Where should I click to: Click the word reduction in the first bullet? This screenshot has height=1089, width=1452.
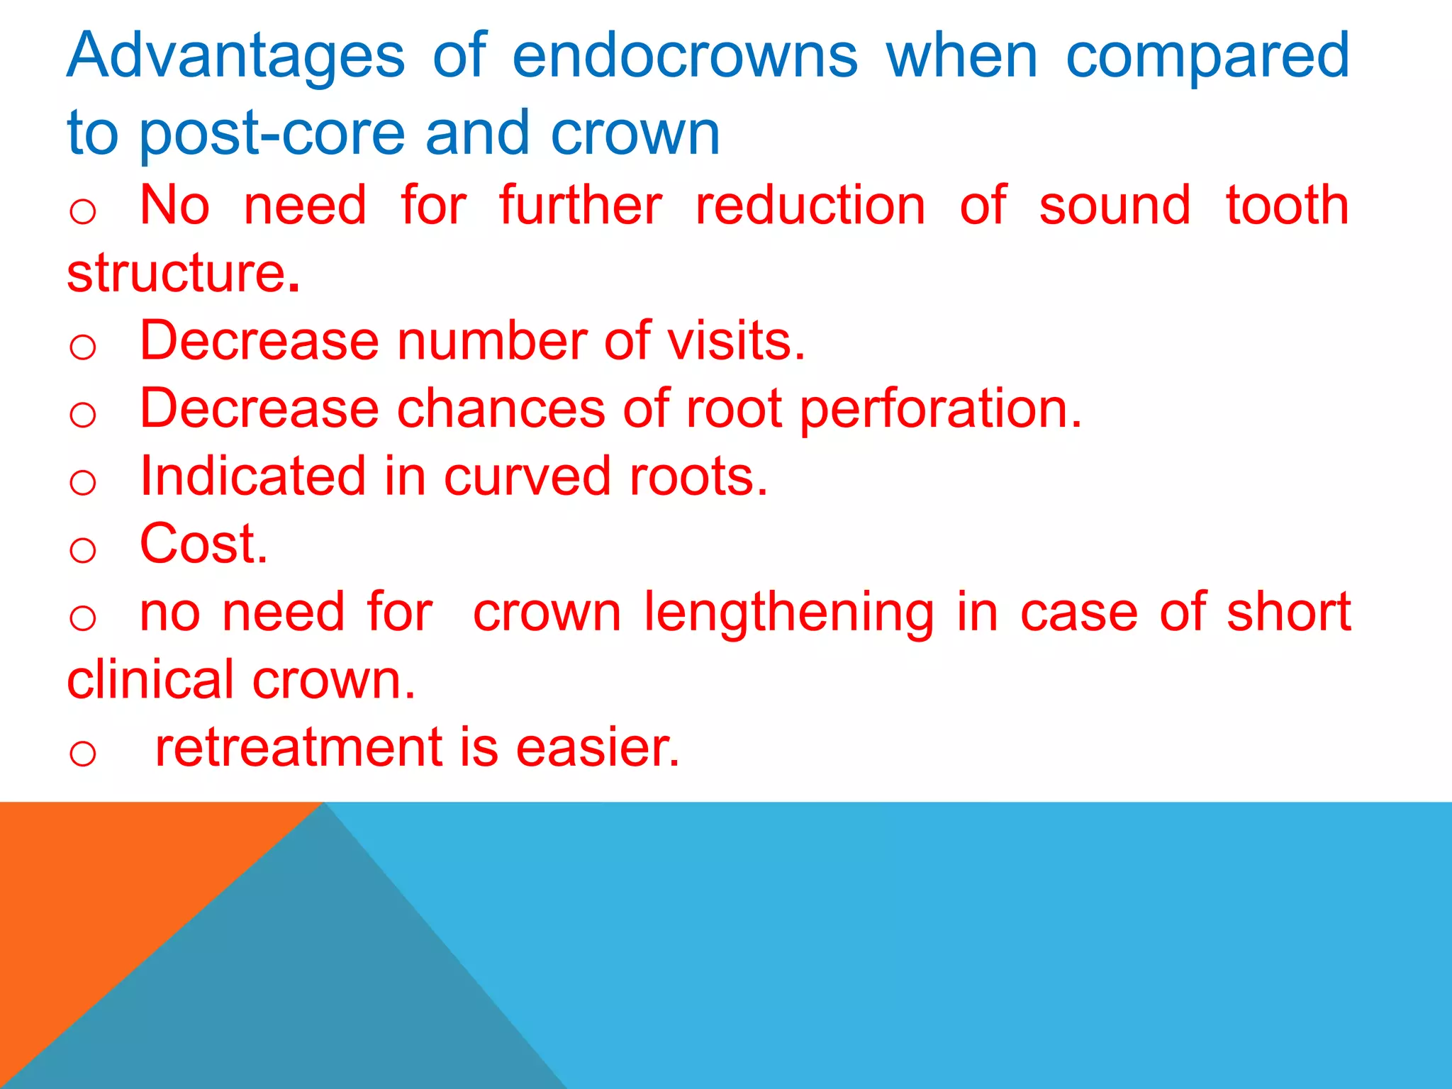click(810, 206)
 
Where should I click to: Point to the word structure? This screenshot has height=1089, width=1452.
click(183, 273)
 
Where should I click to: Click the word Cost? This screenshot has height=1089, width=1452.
click(203, 544)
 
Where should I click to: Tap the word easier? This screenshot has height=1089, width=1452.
click(598, 747)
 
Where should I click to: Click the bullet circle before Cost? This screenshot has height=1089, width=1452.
click(83, 549)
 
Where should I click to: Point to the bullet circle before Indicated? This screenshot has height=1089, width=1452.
click(83, 482)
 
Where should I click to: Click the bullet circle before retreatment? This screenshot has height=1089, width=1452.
click(83, 753)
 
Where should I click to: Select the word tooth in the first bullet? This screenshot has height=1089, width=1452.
click(1287, 206)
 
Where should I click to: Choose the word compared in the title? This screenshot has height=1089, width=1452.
click(1207, 57)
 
